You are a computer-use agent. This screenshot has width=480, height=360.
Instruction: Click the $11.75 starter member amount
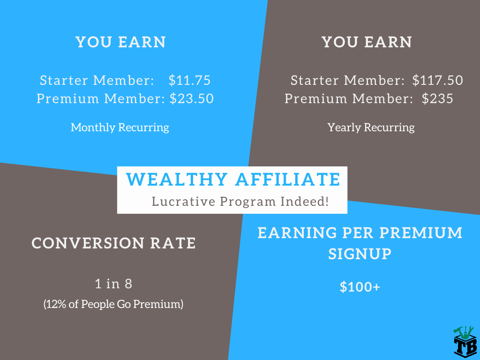(189, 80)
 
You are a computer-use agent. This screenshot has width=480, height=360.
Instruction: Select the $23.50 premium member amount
(192, 98)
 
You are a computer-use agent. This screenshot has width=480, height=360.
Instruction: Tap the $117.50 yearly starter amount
(437, 80)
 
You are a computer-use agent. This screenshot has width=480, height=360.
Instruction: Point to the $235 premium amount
(437, 98)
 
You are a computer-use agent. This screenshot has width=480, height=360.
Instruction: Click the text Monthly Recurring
(120, 127)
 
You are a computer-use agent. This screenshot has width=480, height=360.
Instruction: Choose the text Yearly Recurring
(371, 127)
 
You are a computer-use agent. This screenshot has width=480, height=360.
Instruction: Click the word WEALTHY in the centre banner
(177, 180)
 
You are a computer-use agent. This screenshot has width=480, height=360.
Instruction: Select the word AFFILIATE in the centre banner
(288, 180)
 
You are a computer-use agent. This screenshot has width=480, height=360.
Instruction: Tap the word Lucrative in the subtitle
(184, 202)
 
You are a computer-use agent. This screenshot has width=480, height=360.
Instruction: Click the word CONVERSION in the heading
(88, 243)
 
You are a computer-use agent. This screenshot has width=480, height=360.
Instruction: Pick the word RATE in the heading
(173, 243)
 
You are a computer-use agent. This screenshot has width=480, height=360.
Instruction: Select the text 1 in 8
(113, 284)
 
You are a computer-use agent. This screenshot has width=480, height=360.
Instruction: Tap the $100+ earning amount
(360, 287)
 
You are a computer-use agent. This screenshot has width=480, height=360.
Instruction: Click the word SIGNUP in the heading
(360, 254)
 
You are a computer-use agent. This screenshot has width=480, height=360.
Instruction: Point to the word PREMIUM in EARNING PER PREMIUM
(421, 233)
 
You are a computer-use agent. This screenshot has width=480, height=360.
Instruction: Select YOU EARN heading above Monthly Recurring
(120, 42)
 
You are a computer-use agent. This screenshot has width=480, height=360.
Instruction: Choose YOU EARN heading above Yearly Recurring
(367, 42)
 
